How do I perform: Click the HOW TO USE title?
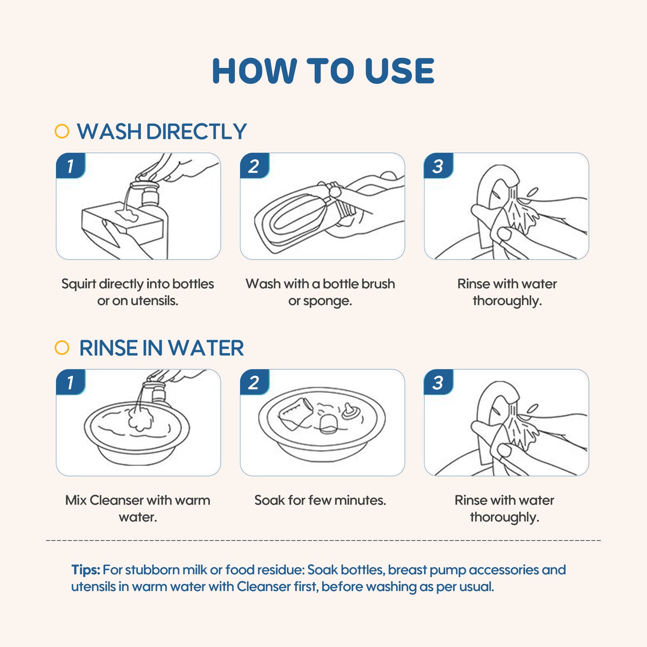point(323,71)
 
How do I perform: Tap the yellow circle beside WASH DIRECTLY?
point(62,131)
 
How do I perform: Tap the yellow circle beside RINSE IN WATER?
point(62,347)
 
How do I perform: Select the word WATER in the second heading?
point(206,348)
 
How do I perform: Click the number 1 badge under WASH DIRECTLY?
point(70,166)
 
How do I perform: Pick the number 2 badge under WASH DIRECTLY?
point(254,166)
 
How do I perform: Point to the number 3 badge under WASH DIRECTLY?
point(438,166)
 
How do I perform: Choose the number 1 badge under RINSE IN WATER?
point(70,382)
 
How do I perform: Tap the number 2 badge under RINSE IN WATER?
point(254,382)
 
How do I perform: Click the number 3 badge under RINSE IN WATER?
point(438,382)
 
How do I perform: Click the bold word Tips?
point(86,570)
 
